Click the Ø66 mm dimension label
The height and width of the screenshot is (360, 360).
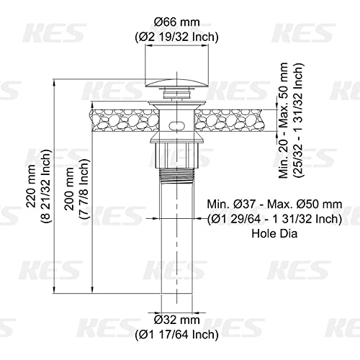point(176,22)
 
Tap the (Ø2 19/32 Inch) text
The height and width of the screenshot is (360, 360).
point(176,37)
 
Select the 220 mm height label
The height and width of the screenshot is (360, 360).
point(32,186)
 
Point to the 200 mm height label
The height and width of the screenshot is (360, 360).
point(70,189)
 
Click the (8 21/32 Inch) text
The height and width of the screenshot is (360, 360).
point(46,186)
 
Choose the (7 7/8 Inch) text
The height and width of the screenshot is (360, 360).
point(84,189)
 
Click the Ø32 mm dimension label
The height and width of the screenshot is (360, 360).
point(176,320)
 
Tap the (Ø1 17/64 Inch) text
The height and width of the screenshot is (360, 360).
point(176,335)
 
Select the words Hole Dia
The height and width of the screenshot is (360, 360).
point(274,233)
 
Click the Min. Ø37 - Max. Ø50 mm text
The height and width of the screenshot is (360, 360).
point(274,204)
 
